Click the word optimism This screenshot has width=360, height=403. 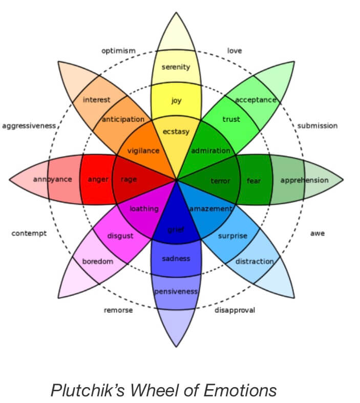[x=118, y=51]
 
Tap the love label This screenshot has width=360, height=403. [x=234, y=51]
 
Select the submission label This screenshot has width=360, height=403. [x=317, y=125]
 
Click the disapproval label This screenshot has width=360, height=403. [x=235, y=310]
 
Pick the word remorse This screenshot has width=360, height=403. [x=118, y=310]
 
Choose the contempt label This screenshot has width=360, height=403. [x=29, y=234]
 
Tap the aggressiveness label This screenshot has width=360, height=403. [x=29, y=125]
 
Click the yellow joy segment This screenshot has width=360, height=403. [x=176, y=101]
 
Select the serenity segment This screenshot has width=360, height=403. [x=176, y=67]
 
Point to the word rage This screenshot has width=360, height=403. [x=129, y=180]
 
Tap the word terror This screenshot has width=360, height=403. [x=221, y=181]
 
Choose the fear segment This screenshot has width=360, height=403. [x=254, y=181]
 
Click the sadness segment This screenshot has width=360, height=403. [x=176, y=259]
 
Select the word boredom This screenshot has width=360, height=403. [x=98, y=262]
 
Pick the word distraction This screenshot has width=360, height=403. [x=255, y=262]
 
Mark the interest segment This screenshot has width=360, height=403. [x=97, y=100]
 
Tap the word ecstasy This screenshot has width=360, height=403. [x=176, y=132]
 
